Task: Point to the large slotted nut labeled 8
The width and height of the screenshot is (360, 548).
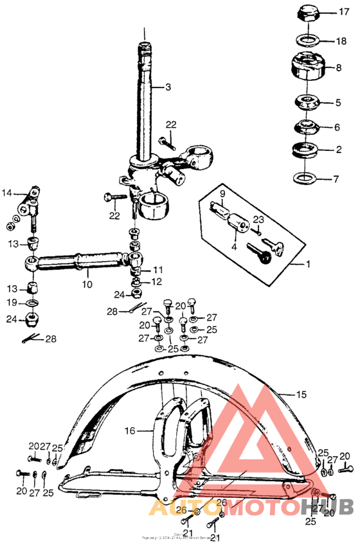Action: [308, 67]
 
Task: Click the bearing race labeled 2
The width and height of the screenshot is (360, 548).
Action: [307, 152]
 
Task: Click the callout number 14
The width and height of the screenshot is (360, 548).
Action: [7, 193]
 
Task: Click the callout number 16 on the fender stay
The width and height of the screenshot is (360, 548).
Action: [130, 431]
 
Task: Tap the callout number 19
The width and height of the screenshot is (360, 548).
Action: [13, 302]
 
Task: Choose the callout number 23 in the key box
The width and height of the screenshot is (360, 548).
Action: [258, 219]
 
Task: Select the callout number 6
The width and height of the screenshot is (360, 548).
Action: [336, 127]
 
